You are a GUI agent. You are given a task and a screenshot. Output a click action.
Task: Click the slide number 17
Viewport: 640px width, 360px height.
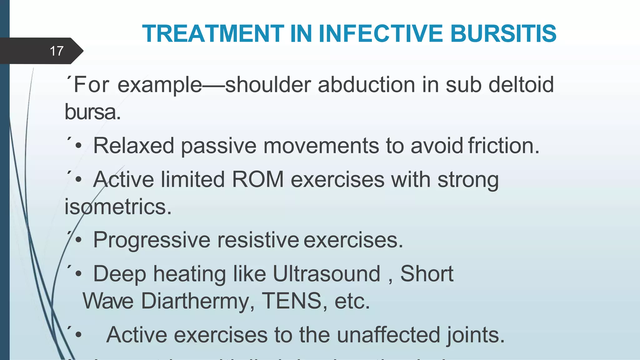57,51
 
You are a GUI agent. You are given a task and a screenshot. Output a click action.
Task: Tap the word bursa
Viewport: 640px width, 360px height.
92,112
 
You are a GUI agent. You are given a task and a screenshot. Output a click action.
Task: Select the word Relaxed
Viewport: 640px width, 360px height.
133,146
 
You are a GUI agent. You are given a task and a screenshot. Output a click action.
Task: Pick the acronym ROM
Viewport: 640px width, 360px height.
257,179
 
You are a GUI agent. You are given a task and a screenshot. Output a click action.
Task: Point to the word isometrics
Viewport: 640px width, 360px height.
118,207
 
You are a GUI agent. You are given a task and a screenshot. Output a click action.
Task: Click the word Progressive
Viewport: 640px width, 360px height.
152,240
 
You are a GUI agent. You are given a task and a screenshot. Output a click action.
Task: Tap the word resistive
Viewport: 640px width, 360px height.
258,240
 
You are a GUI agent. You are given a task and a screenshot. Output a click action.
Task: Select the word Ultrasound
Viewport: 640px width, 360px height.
326,274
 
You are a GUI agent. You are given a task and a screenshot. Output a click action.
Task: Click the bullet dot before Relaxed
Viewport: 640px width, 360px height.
78,146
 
